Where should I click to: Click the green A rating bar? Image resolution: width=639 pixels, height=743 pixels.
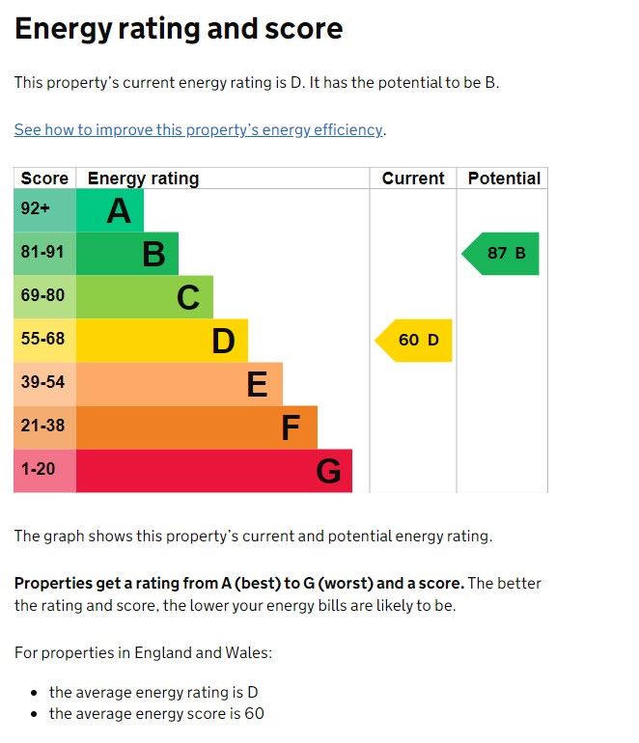109,210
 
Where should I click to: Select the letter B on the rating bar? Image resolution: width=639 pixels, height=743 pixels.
153,255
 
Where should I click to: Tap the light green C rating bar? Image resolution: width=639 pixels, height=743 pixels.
145,297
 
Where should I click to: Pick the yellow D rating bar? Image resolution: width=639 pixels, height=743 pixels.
161,341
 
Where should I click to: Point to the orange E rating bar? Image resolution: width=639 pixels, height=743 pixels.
179,384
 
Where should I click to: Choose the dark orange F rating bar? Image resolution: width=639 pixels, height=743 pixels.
196,427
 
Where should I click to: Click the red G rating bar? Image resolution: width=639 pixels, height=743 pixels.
213,471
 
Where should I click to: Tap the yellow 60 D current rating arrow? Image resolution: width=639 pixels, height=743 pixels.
414,340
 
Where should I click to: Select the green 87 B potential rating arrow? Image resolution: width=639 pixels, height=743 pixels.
502,254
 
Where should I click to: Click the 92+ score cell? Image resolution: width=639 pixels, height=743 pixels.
44,210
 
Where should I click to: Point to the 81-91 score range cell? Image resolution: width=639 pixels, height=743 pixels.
44,254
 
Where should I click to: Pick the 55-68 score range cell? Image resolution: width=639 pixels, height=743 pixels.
44,340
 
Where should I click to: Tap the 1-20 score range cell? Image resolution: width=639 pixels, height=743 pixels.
44,470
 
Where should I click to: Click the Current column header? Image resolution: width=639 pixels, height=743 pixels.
413,179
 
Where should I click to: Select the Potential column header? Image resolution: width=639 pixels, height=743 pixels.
504,179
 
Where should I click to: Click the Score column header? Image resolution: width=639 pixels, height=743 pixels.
44,179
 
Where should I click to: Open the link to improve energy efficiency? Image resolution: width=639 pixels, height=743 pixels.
199,129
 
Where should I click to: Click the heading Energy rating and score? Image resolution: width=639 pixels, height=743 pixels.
179,29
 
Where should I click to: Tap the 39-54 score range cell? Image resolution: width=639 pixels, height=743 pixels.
44,383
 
